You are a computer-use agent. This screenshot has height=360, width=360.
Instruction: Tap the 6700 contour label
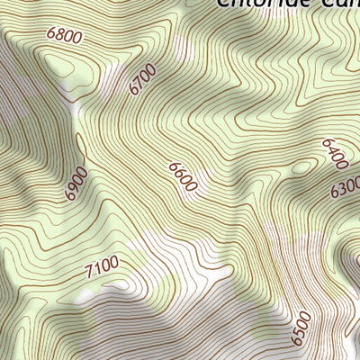point(142,79)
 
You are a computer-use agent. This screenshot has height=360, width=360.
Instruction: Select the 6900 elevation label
point(76,183)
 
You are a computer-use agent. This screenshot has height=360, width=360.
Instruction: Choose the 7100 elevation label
point(102,267)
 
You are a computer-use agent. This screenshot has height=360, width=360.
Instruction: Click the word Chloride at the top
point(261,4)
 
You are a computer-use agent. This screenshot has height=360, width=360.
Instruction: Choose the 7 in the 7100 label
point(89,271)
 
